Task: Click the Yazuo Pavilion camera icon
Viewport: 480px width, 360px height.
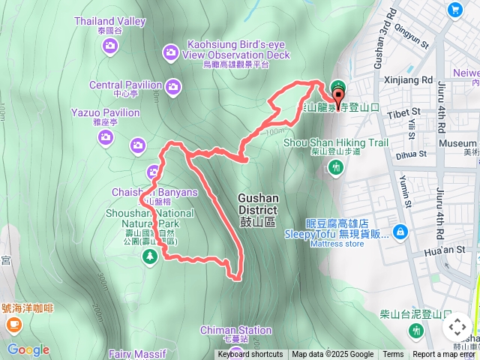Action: (106, 136)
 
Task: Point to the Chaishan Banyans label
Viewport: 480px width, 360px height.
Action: (154, 192)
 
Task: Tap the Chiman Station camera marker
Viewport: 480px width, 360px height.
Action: (235, 349)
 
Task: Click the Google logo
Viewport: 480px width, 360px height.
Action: (28, 349)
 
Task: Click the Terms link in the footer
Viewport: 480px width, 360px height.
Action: (393, 355)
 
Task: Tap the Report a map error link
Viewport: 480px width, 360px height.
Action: (445, 355)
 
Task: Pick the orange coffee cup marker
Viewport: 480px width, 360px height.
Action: (13, 324)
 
